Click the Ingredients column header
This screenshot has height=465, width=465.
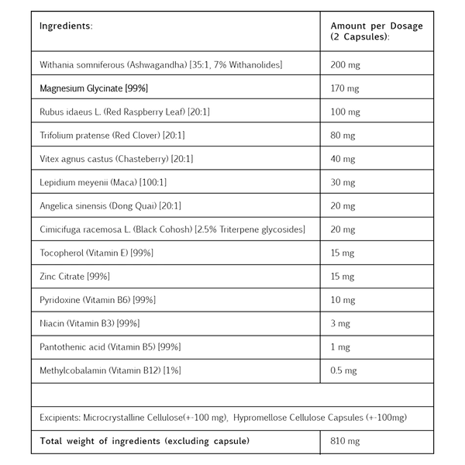tap(66, 26)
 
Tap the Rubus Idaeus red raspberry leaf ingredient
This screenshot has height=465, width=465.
tap(124, 112)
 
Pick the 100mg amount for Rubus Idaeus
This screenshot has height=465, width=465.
tap(340, 112)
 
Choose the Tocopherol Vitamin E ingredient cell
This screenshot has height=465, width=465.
tap(97, 253)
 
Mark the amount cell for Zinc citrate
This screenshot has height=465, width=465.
tap(340, 276)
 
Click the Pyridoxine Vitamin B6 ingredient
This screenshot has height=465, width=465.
tap(98, 298)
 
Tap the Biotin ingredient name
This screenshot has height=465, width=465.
tap(90, 322)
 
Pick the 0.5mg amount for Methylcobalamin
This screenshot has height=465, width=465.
tap(343, 368)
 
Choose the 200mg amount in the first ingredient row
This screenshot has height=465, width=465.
tap(341, 63)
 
